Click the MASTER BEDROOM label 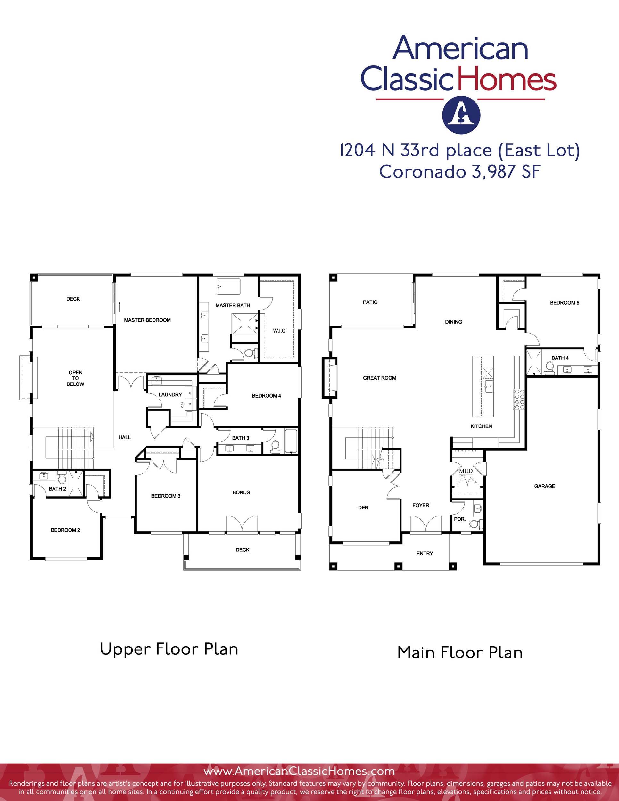[x=147, y=320]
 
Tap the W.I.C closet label [x=279, y=331]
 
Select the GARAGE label [x=545, y=486]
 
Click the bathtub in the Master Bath [x=228, y=286]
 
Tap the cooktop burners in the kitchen [x=519, y=399]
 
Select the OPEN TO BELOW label [x=75, y=378]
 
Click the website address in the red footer [x=299, y=771]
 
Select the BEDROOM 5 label [x=565, y=303]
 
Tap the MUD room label [x=466, y=471]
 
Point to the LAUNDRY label [x=170, y=395]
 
